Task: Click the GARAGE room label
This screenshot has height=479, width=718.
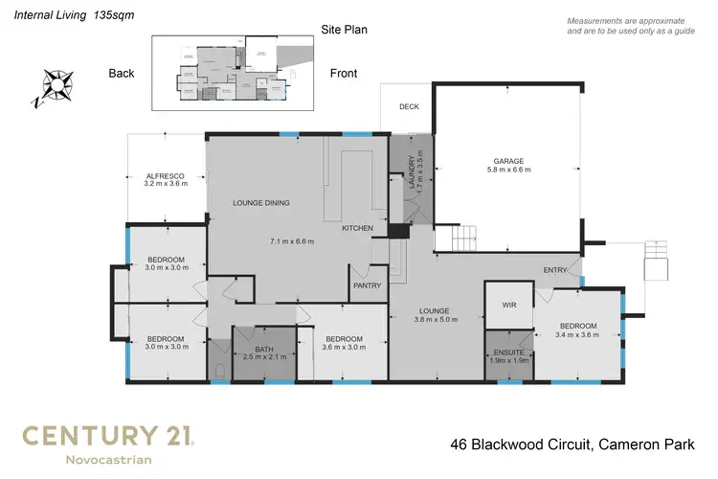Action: (507, 160)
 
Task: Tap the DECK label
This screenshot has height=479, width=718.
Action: (410, 106)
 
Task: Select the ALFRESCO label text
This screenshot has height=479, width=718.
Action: (164, 176)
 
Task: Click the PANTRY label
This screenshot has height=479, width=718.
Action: (367, 285)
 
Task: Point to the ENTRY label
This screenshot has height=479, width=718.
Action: (555, 271)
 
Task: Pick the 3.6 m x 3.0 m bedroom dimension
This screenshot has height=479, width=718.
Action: (343, 350)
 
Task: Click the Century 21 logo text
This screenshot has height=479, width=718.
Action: (108, 437)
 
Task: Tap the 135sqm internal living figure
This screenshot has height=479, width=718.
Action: (111, 16)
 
